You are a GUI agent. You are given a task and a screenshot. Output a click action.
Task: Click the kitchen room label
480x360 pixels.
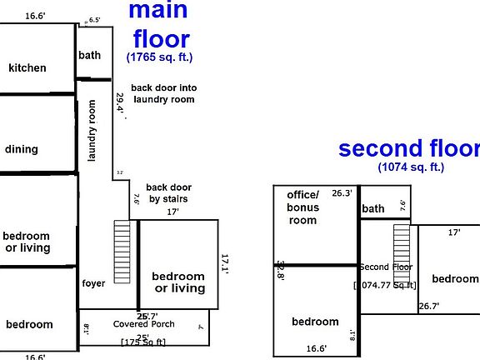[27, 67]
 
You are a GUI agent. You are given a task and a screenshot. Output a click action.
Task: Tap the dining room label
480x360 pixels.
[22, 149]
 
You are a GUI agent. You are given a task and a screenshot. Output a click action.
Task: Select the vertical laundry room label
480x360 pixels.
[93, 131]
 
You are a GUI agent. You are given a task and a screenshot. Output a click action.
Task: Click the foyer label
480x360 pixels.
[93, 283]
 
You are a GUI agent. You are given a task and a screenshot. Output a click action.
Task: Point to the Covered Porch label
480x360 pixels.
[143, 324]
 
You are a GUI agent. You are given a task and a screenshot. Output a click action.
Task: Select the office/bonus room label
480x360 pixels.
[303, 207]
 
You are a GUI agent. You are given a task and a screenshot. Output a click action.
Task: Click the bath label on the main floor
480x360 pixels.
[89, 55]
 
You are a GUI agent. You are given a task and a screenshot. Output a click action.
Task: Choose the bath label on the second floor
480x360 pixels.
[373, 208]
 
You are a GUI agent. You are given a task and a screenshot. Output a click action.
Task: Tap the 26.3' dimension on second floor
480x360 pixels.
[342, 192]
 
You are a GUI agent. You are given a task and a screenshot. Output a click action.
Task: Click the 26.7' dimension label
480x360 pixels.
[428, 306]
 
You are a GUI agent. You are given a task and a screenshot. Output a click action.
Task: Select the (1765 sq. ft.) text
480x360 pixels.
[161, 57]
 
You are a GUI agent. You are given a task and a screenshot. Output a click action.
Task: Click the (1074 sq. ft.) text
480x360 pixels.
[411, 167]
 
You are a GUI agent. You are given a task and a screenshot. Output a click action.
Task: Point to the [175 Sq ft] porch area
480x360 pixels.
[143, 342]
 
